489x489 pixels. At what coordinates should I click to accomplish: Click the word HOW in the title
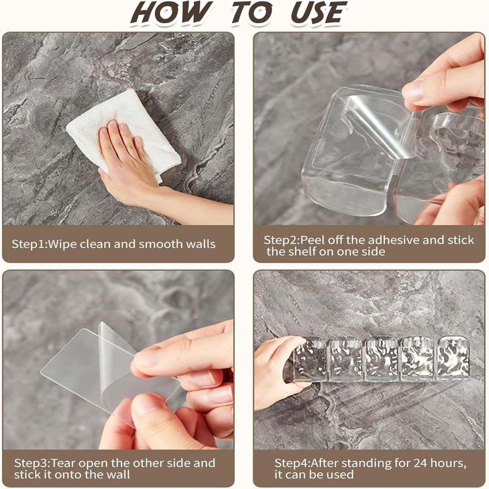pyautogui.click(x=170, y=13)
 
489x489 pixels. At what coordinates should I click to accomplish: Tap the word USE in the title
pyautogui.click(x=319, y=13)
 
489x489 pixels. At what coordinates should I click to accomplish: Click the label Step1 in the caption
pyautogui.click(x=29, y=244)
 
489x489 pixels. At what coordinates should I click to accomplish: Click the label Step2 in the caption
pyautogui.click(x=281, y=240)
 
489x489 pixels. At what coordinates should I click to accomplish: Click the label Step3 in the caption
pyautogui.click(x=32, y=463)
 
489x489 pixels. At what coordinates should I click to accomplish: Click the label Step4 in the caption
pyautogui.click(x=292, y=463)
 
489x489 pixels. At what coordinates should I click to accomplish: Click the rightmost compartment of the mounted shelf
pyautogui.click(x=453, y=359)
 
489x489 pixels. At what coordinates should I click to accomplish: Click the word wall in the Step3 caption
pyautogui.click(x=118, y=475)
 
